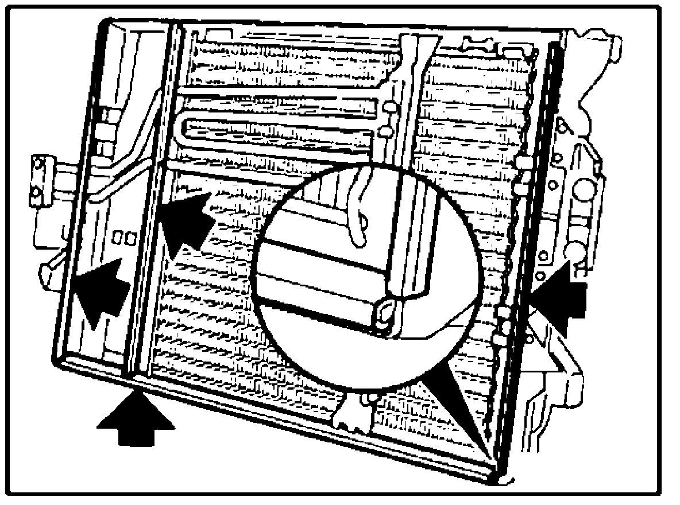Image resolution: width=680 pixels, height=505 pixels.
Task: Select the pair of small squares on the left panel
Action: [125, 237]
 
